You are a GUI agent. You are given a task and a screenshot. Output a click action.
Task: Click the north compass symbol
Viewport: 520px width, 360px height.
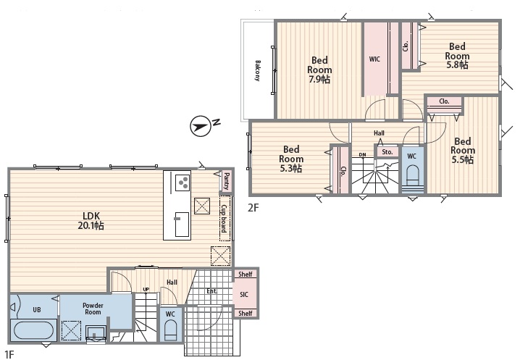(201, 126)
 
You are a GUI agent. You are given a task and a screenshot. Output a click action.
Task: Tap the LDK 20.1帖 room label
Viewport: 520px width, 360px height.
(91, 221)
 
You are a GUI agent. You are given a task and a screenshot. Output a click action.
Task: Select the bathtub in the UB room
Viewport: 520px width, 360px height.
(33, 330)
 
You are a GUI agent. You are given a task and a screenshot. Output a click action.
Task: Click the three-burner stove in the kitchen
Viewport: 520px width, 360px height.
(182, 182)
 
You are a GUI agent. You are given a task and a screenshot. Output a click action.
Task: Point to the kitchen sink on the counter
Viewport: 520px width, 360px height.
(182, 225)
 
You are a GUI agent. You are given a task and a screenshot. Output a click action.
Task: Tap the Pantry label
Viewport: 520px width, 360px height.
(226, 181)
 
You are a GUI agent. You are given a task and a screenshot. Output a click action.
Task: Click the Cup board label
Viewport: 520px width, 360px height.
(225, 218)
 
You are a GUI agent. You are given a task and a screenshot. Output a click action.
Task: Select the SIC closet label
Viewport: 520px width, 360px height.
(244, 294)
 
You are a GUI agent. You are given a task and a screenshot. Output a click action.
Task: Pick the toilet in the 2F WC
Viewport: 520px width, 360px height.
(413, 177)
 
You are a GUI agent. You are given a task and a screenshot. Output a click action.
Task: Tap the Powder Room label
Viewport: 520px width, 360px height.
(93, 309)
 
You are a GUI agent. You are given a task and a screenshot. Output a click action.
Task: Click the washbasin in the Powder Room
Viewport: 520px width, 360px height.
(96, 332)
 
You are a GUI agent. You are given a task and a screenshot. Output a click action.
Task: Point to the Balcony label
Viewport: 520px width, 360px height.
(257, 71)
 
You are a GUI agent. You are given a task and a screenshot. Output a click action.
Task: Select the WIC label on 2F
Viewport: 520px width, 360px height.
(374, 59)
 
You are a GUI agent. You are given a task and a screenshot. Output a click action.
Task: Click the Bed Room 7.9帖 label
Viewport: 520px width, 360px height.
(319, 70)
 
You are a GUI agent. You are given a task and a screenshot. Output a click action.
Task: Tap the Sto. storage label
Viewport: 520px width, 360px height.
(387, 152)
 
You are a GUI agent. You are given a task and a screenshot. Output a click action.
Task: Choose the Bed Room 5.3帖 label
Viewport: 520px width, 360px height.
(291, 159)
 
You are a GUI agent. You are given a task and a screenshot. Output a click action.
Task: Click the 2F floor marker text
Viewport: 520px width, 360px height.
(253, 208)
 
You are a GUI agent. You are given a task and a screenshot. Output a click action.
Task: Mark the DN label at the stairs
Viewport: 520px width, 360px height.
(363, 154)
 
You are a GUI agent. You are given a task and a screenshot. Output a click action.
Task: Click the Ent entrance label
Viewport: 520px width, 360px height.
(211, 291)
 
